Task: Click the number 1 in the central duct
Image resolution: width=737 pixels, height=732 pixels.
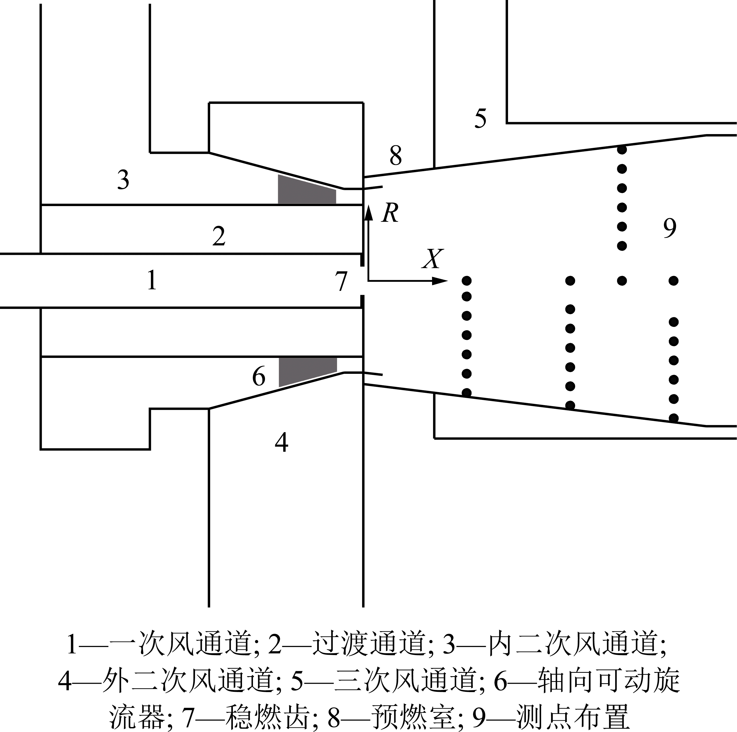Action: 152,280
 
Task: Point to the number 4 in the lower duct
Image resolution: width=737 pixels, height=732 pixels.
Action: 281,442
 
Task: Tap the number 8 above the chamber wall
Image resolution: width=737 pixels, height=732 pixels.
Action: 396,155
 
